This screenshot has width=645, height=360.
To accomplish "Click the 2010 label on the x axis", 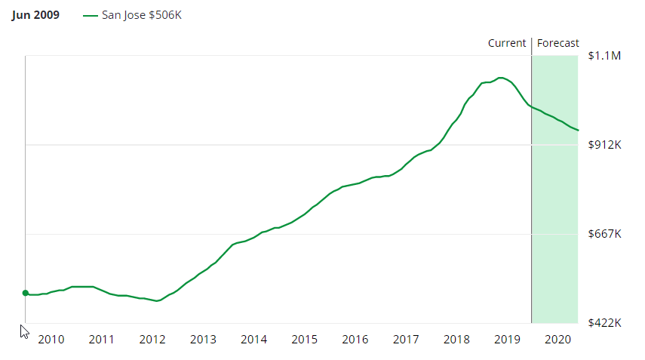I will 51,340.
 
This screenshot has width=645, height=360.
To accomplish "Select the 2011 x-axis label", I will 102,340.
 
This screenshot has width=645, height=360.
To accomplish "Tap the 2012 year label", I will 152,340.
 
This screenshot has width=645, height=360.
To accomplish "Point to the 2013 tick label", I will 203,340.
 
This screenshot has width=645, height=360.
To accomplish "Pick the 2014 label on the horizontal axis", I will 253,340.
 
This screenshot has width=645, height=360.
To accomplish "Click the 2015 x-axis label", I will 304,340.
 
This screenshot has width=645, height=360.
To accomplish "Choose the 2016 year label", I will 355,340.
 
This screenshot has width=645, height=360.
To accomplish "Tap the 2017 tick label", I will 406,340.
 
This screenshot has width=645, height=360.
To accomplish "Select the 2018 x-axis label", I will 456,340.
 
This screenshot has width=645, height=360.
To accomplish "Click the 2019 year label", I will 507,340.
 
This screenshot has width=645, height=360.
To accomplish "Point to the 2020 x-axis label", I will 557,340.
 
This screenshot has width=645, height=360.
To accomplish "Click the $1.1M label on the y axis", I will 604,56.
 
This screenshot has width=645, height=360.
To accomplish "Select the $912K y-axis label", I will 604,145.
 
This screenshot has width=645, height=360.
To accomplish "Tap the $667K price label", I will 604,234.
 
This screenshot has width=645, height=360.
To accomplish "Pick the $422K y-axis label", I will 604,323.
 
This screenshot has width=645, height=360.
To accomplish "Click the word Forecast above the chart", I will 558,43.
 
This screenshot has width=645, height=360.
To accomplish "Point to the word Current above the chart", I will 507,43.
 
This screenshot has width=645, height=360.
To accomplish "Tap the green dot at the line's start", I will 25,293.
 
